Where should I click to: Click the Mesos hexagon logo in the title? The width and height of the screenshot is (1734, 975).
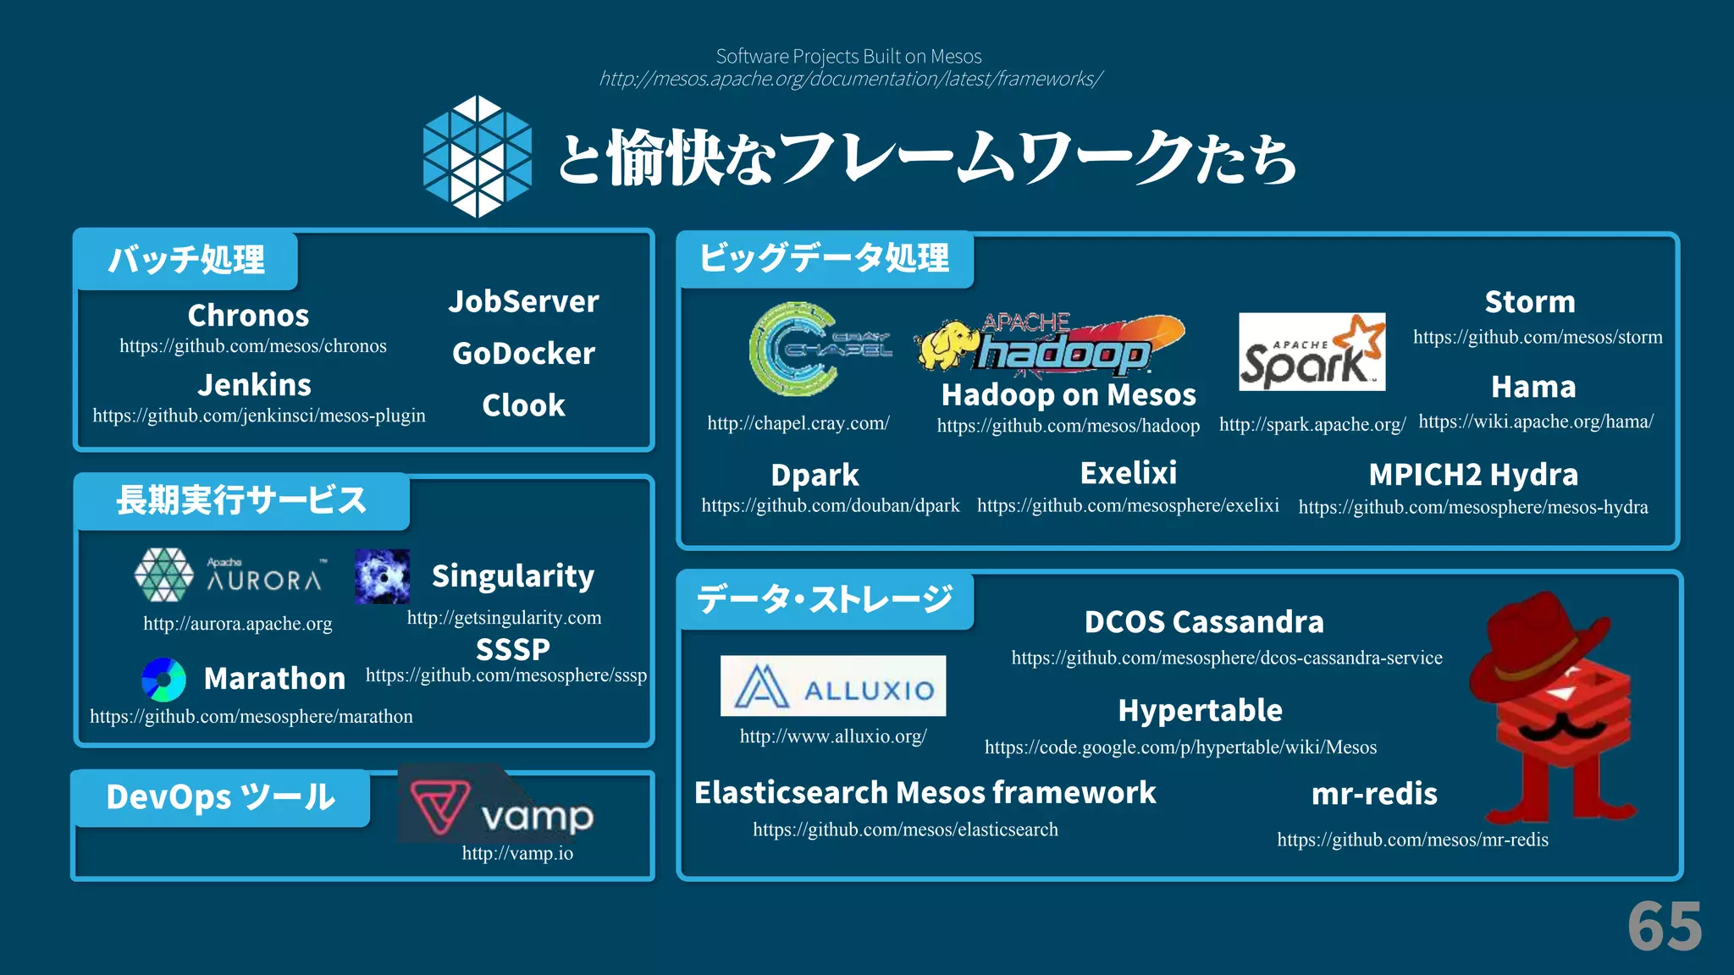tap(478, 157)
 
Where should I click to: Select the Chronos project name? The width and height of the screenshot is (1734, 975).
tap(248, 316)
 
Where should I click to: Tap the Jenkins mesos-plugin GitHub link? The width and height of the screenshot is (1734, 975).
tap(259, 416)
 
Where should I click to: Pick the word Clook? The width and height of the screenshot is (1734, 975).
tap(523, 405)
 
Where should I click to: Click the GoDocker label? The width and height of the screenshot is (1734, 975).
tap(523, 353)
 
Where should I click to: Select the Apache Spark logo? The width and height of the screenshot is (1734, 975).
tap(1312, 352)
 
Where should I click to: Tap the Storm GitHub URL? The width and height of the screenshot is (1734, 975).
tap(1538, 337)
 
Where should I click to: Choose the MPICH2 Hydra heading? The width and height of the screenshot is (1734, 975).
tap(1473, 475)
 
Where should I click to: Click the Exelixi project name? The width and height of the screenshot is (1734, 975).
tap(1128, 473)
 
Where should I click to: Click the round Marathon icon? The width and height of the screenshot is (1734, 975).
tap(163, 680)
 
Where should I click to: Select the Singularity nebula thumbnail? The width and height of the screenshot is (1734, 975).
tap(382, 576)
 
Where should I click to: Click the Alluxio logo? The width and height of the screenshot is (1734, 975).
tap(833, 686)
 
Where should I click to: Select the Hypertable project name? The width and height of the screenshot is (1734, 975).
tap(1200, 710)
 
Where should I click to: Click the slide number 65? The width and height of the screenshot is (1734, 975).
tap(1665, 927)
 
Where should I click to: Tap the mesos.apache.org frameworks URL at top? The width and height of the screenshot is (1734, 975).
tap(850, 79)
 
